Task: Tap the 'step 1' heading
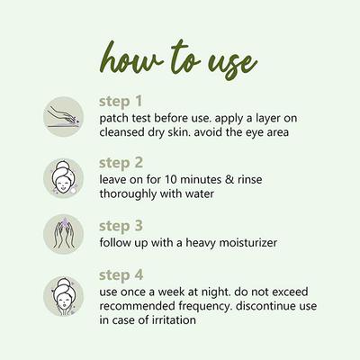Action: pyautogui.click(x=120, y=101)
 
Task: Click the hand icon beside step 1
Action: pyautogui.click(x=64, y=116)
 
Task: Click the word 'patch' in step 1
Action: pyautogui.click(x=114, y=117)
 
